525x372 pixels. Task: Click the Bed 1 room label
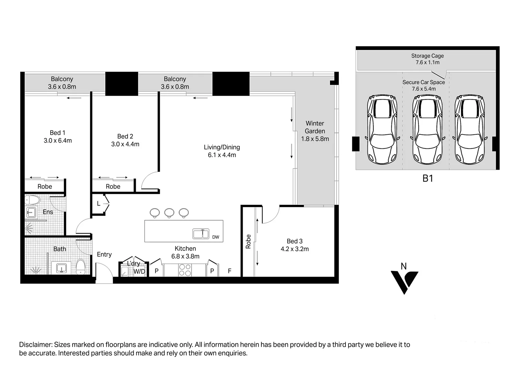(x=57, y=133)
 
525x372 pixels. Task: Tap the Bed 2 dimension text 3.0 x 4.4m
(x=125, y=144)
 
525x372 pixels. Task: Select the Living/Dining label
(x=222, y=147)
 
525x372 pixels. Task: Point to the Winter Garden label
(x=315, y=127)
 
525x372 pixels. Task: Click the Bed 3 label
(x=295, y=241)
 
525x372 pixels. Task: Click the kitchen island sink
(x=201, y=234)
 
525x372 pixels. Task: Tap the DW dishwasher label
(x=216, y=237)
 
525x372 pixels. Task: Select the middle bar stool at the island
(x=169, y=213)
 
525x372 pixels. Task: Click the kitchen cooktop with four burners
(x=185, y=270)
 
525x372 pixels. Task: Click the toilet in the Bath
(x=80, y=267)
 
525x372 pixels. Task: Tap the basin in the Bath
(x=61, y=268)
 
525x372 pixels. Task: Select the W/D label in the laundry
(x=140, y=271)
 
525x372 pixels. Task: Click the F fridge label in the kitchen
(x=229, y=271)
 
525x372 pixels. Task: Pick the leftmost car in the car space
(x=382, y=129)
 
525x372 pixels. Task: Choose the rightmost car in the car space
(x=470, y=129)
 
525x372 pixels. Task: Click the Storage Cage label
(x=427, y=56)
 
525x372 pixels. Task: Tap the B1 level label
(x=428, y=178)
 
